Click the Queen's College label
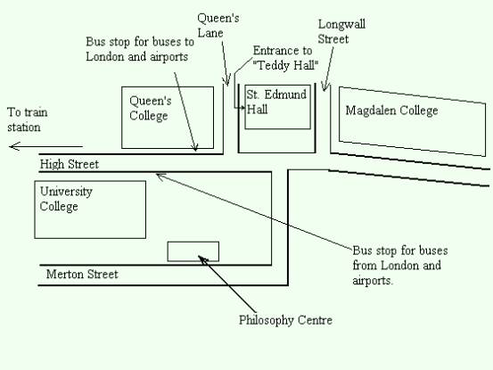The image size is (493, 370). pyautogui.click(x=151, y=108)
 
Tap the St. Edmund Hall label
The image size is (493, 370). pyautogui.click(x=276, y=102)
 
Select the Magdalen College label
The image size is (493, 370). pyautogui.click(x=391, y=111)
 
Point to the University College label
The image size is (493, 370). pyautogui.click(x=66, y=199)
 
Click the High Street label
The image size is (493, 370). pyautogui.click(x=70, y=164)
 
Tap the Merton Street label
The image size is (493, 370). pyautogui.click(x=82, y=274)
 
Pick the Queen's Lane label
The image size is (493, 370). pyautogui.click(x=218, y=25)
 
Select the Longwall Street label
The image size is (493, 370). pyautogui.click(x=341, y=31)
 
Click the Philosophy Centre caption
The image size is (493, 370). pyautogui.click(x=285, y=320)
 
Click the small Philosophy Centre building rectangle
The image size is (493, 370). pyautogui.click(x=193, y=251)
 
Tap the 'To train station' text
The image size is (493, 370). pyautogui.click(x=28, y=119)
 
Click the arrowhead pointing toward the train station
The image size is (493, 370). pyautogui.click(x=14, y=146)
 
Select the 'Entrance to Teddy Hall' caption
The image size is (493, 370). pyautogui.click(x=285, y=58)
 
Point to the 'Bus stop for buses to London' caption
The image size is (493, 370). pyautogui.click(x=140, y=49)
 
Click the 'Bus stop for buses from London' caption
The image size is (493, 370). pyautogui.click(x=400, y=266)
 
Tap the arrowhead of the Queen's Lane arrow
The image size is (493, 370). pyautogui.click(x=227, y=82)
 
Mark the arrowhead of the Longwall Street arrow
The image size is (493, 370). pyautogui.click(x=325, y=86)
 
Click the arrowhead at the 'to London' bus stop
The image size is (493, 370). pyautogui.click(x=195, y=148)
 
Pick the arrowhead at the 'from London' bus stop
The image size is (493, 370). pyautogui.click(x=159, y=176)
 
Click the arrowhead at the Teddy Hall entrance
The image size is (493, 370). pyautogui.click(x=242, y=108)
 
